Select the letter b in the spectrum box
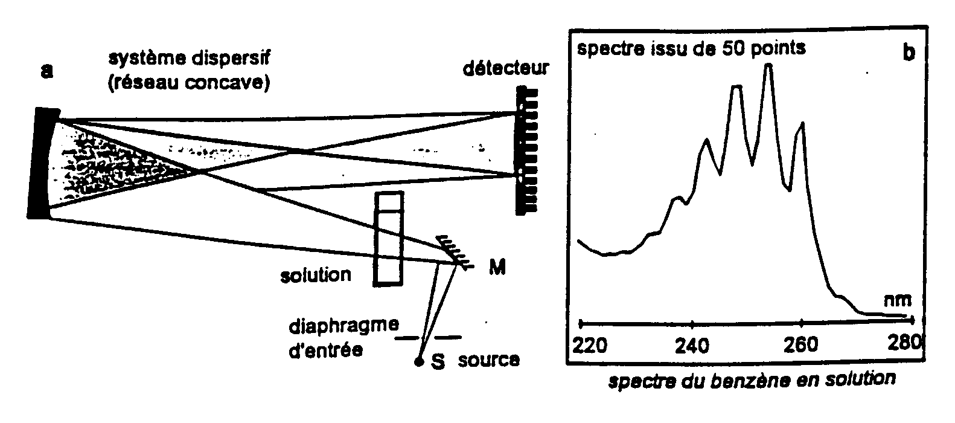point(909,52)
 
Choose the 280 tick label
point(905,344)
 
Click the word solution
point(316,276)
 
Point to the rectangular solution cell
point(388,237)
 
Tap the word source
point(488,360)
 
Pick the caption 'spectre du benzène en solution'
point(752,380)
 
